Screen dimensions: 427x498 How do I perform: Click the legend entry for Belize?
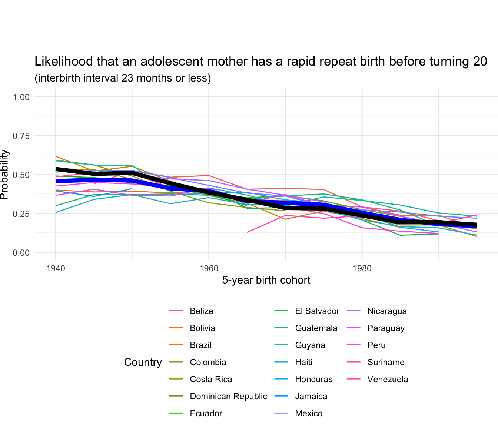tap(201, 311)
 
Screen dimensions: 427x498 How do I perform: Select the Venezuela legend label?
tap(388, 379)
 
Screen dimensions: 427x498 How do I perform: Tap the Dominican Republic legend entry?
tap(228, 396)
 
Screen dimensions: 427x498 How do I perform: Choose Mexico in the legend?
tap(309, 413)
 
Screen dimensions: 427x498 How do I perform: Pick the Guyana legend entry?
tap(310, 345)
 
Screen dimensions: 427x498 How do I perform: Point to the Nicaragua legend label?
tap(387, 311)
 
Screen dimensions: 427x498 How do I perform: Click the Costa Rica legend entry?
tap(211, 379)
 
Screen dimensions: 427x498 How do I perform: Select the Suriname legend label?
tap(386, 362)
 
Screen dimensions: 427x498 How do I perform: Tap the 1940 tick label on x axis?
tap(56, 268)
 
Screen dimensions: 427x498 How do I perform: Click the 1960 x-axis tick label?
tap(209, 268)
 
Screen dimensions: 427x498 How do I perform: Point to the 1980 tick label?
tap(362, 268)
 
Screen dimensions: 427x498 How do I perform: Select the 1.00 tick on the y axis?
tap(21, 97)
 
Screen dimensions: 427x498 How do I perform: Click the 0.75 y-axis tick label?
tap(21, 136)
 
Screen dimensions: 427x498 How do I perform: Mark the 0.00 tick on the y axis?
tap(21, 253)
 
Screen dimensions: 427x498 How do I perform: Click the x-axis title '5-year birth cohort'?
tap(266, 280)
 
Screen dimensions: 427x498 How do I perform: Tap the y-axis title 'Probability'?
tap(4, 174)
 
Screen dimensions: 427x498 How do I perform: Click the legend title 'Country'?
tap(143, 363)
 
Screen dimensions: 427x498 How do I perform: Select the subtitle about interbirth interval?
tap(123, 78)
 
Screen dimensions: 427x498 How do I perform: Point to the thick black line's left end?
tap(56, 169)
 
